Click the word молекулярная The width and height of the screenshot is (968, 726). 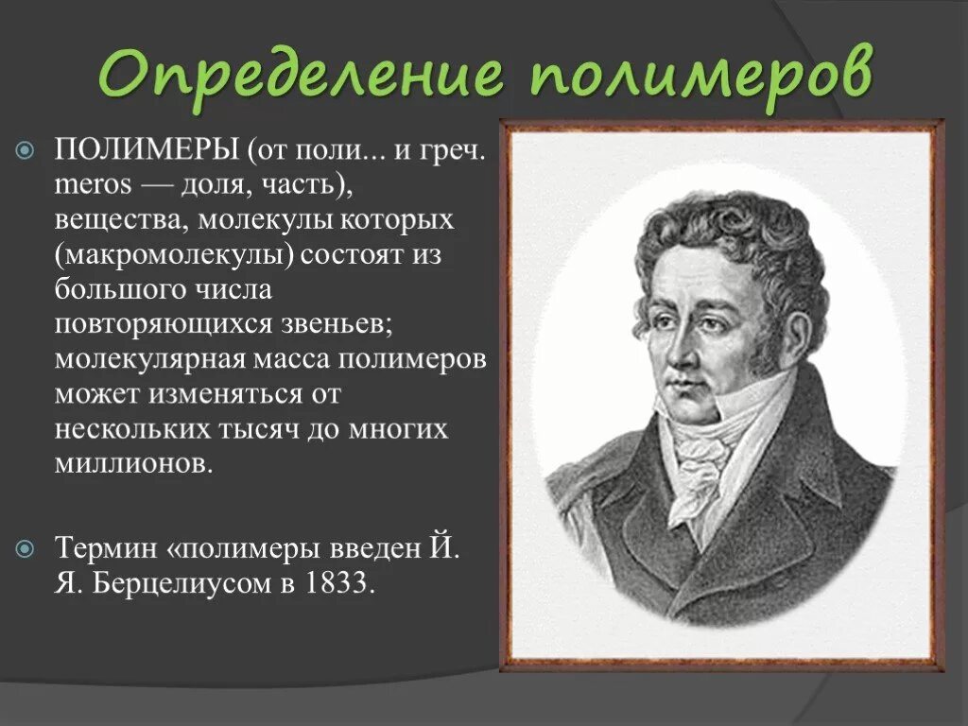[x=151, y=360]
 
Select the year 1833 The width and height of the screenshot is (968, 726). [x=338, y=582]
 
